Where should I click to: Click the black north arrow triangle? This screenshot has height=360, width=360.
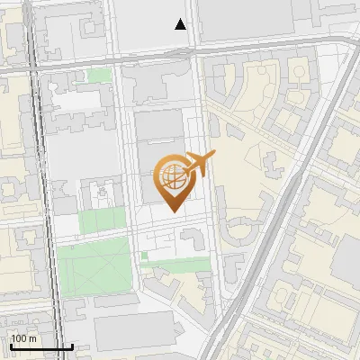click(x=181, y=24)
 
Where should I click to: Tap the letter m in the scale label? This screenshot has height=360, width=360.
click(x=33, y=338)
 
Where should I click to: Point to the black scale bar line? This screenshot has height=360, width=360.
click(x=41, y=346)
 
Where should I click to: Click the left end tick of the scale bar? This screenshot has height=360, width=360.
click(x=11, y=346)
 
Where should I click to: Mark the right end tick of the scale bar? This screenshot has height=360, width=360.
click(x=72, y=346)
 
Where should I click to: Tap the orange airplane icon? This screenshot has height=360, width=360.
click(x=200, y=165)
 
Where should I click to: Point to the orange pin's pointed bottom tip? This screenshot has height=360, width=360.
click(x=173, y=211)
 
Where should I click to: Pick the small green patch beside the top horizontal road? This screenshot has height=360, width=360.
click(x=99, y=76)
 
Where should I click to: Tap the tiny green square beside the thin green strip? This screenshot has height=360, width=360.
click(x=144, y=256)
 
